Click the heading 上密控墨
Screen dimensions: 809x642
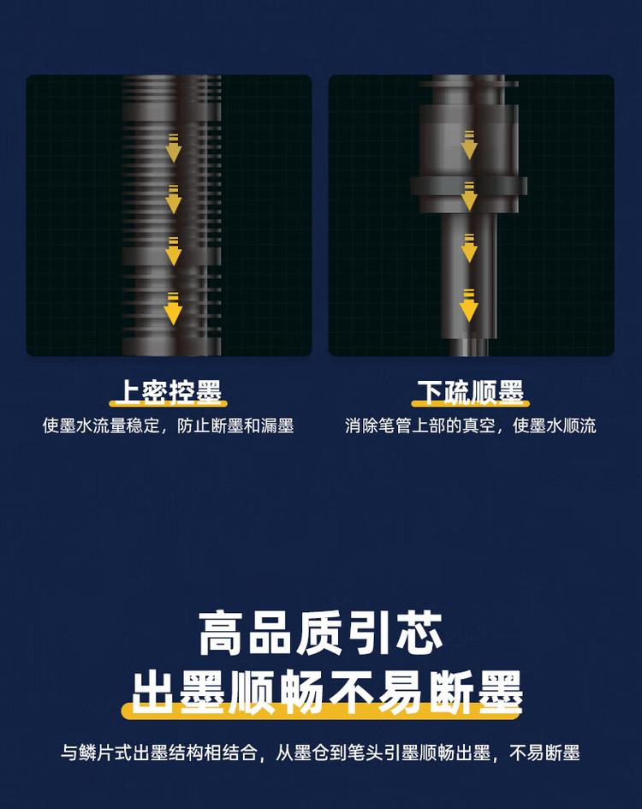(168, 393)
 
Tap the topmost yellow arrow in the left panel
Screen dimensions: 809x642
(174, 148)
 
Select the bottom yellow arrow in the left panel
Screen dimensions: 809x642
(174, 308)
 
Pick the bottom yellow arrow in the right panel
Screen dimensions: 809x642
(469, 306)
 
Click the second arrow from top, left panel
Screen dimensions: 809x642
(174, 199)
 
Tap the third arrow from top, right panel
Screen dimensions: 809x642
(469, 248)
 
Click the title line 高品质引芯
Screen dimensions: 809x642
(321, 634)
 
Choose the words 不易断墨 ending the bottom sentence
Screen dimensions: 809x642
(544, 753)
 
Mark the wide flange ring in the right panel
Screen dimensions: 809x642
(468, 186)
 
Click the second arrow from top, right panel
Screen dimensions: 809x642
(469, 197)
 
